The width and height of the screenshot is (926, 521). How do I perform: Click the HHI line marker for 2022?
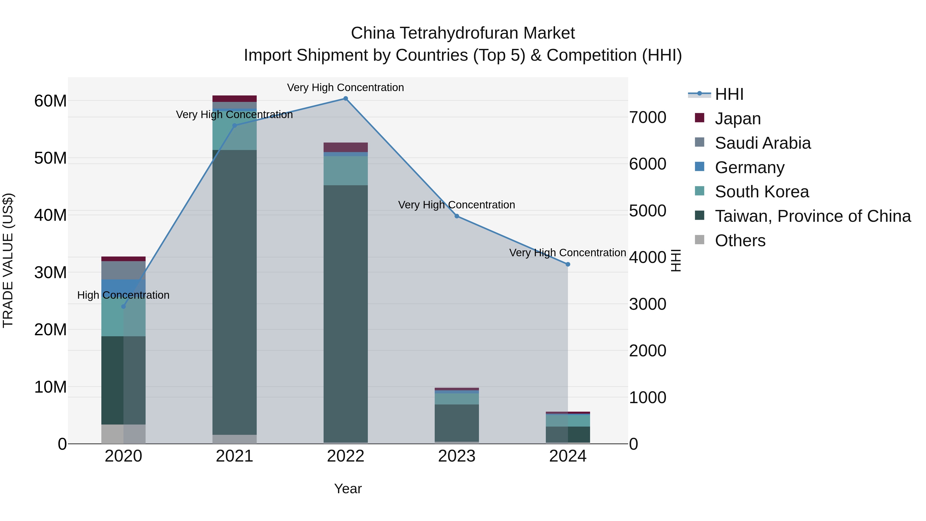(x=345, y=99)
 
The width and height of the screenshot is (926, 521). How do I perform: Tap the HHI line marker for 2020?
(x=123, y=306)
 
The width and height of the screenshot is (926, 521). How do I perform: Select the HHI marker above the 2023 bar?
(x=457, y=216)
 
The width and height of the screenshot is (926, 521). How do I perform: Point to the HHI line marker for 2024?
(x=568, y=264)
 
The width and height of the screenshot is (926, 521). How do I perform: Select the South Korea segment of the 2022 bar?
(x=345, y=170)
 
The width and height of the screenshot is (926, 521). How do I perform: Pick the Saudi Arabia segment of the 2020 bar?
(x=123, y=270)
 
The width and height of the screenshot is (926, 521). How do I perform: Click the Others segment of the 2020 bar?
(x=123, y=434)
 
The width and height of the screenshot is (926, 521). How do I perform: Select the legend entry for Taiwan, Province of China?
(x=812, y=216)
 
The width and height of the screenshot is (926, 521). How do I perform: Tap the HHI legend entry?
(x=729, y=94)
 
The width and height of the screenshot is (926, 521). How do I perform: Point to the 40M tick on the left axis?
(x=50, y=215)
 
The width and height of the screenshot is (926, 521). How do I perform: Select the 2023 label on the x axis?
(x=457, y=456)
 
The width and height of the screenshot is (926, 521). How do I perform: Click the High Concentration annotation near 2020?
(x=123, y=295)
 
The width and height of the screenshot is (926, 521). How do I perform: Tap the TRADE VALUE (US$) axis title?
(x=8, y=260)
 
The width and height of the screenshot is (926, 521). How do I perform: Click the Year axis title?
(x=348, y=489)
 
